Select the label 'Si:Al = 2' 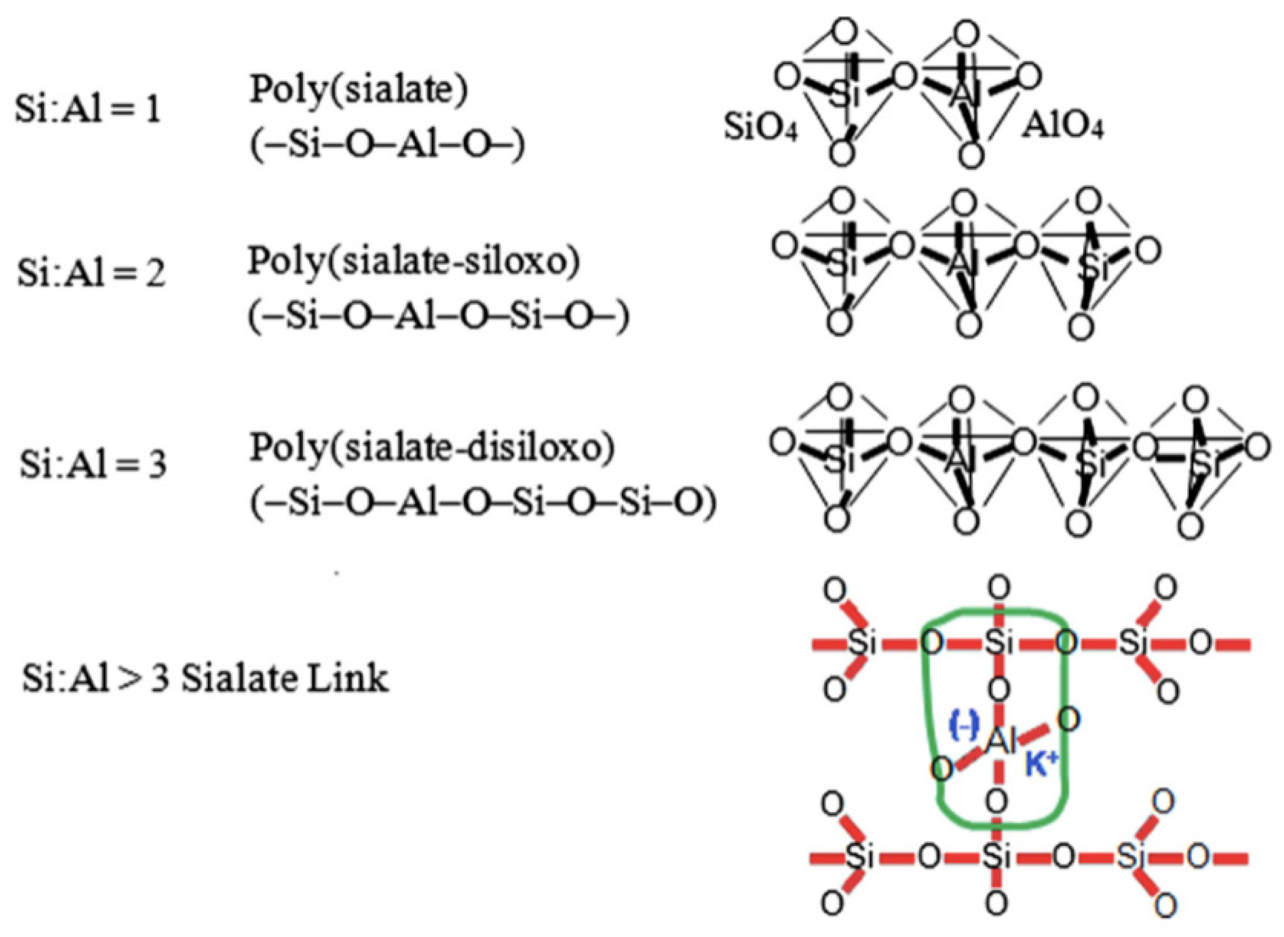coord(91,273)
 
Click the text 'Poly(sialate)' coord(359,89)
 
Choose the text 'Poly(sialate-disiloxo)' coord(432,448)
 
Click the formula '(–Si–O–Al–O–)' coord(387,145)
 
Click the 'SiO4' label coord(761,130)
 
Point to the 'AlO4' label coord(1063,129)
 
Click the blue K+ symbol coord(1041,767)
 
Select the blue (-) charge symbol coord(964,727)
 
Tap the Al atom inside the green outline coord(1001,742)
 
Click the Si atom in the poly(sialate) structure coord(844,95)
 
